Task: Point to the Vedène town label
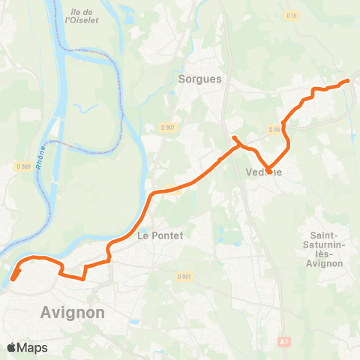click(x=264, y=171)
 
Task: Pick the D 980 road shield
click(x=23, y=166)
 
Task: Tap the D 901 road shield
click(x=186, y=276)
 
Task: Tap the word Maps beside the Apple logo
click(x=33, y=347)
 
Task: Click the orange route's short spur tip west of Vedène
click(x=234, y=138)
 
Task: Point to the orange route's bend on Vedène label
click(x=268, y=172)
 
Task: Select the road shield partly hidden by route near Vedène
click(x=275, y=129)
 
